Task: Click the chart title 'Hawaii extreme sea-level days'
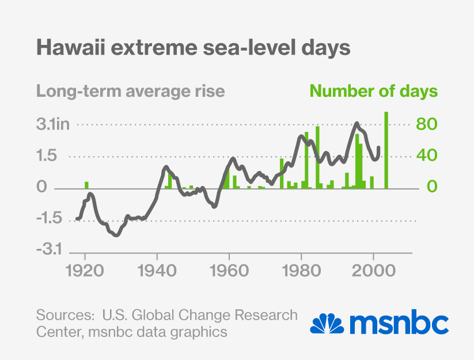194,48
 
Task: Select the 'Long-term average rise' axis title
131,92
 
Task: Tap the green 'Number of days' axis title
374,92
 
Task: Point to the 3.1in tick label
53,124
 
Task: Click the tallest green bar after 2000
386,150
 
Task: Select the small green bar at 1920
86,185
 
